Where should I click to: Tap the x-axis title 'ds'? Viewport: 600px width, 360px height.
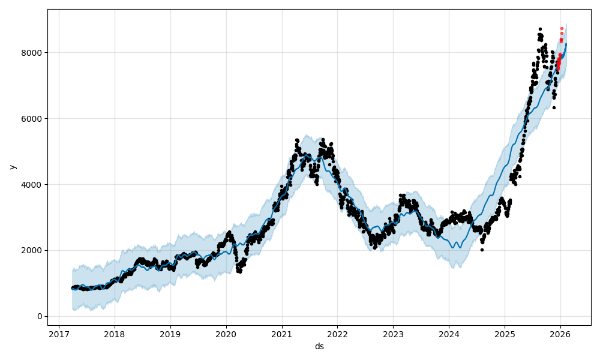319,346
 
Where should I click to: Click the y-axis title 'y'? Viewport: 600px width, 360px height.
13,167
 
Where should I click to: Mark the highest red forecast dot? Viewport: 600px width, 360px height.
562,28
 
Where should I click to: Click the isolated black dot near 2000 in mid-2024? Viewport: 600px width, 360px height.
482,250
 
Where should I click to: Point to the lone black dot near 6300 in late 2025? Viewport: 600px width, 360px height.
554,107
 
